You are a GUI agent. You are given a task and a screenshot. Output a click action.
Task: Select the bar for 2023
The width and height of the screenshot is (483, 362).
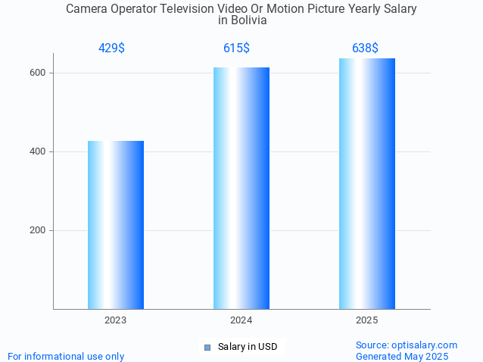coord(116,225)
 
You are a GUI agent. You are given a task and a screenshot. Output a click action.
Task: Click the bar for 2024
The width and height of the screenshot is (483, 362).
coord(241,188)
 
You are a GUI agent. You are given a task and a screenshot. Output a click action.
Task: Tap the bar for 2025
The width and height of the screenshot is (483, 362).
coord(367,183)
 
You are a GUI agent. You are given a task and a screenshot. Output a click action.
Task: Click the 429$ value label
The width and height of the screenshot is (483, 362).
coord(111,48)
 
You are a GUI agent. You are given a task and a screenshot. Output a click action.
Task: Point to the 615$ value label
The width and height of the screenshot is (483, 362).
coord(236,48)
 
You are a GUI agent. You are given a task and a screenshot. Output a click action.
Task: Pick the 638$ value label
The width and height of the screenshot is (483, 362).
coord(365,48)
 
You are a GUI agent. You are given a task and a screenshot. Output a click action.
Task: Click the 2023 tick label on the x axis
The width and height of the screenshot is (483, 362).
coord(116,320)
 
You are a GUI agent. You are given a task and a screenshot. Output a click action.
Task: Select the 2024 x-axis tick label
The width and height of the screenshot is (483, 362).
coord(241,320)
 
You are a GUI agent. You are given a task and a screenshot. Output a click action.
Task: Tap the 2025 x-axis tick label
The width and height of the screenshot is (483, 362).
coord(367,320)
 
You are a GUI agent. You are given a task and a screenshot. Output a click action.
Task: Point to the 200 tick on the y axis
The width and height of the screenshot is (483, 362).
coord(37,230)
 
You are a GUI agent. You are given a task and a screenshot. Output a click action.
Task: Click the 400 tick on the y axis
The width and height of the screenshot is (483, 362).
coord(37,151)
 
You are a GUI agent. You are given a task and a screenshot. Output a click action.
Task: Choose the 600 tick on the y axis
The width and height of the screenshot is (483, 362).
coord(37,73)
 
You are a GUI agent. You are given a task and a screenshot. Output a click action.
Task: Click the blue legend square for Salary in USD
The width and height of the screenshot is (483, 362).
coord(207,348)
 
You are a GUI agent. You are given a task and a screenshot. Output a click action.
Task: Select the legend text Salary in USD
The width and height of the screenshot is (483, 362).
coord(247,347)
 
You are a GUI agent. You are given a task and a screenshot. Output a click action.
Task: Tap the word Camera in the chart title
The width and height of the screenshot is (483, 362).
coord(87,9)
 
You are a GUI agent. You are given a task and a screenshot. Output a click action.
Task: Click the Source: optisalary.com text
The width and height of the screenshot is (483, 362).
coord(407,345)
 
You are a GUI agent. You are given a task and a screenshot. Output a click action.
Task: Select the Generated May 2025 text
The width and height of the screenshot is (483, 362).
coord(402,356)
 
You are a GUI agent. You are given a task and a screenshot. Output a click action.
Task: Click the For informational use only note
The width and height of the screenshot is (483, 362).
coord(66,356)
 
